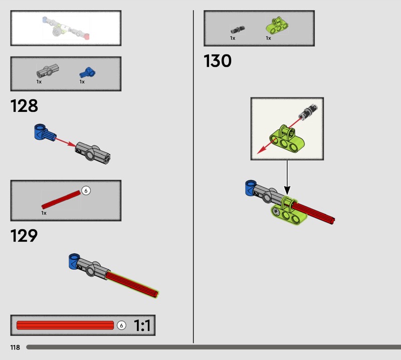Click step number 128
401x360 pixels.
tap(24, 106)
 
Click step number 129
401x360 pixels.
tap(24, 235)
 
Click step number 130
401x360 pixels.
tap(218, 61)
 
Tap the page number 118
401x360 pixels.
tap(15, 347)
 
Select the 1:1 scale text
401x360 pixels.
tap(142, 325)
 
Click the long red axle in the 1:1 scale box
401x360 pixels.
tap(65, 325)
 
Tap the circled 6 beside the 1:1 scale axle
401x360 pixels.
tap(121, 325)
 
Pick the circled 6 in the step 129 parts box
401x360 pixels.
tap(86, 191)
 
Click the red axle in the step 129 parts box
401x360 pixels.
tap(61, 200)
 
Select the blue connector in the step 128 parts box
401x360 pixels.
tap(87, 72)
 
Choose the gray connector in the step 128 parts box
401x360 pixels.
tap(48, 71)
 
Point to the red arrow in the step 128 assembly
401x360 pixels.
tap(66, 142)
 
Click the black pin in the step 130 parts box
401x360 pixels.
tap(238, 30)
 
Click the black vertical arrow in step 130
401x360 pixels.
tap(287, 177)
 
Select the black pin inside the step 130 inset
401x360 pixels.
tap(309, 111)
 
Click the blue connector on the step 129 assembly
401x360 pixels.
tap(74, 261)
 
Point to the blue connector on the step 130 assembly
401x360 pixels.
tap(250, 188)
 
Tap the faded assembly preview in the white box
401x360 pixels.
tap(66, 28)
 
